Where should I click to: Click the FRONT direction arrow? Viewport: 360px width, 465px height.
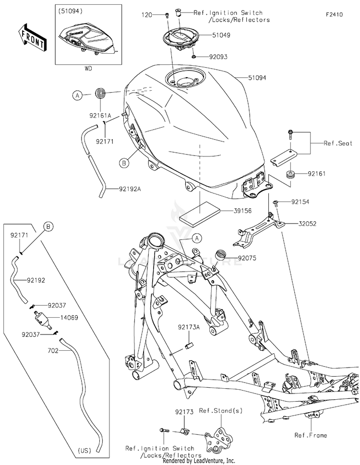coord(32,37)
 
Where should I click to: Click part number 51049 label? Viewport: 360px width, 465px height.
coord(221,35)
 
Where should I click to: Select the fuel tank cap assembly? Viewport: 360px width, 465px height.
coord(180,39)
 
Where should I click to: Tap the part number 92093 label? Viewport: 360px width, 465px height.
coord(218,57)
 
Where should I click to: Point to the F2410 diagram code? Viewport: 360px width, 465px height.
coord(334,14)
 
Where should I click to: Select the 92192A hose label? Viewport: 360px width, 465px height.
coord(130,189)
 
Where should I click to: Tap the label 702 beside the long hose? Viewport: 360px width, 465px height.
coord(53,350)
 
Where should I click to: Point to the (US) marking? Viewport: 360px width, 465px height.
coord(84,450)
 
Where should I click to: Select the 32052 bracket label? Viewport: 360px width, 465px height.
coord(307,224)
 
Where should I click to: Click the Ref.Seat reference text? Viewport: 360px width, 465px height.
coord(338,143)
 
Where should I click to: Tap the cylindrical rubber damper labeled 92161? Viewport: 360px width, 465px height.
coord(290,175)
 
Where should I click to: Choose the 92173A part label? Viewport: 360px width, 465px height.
coord(189,327)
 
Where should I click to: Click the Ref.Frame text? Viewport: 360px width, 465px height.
coord(311,435)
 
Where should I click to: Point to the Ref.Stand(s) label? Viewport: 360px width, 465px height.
coord(221,411)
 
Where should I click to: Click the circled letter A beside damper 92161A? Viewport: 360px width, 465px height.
coord(77,95)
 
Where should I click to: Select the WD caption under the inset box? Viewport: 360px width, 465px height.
coord(88,69)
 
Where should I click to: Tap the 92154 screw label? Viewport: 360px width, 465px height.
coord(300,202)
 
